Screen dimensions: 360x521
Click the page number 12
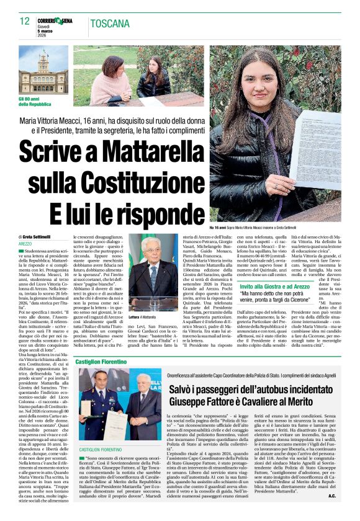(x=24, y=21)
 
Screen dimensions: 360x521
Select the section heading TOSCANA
(x=110, y=24)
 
